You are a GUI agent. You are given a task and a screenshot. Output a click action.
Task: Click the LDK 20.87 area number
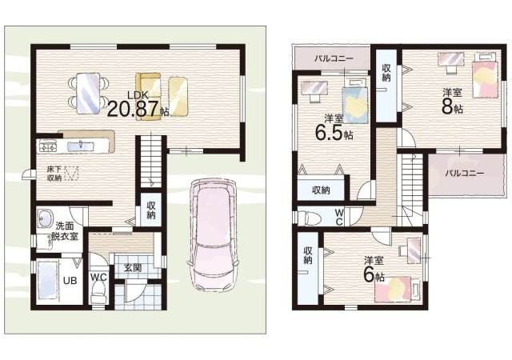click(x=134, y=109)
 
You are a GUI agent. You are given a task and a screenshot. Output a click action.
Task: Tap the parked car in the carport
click(x=213, y=234)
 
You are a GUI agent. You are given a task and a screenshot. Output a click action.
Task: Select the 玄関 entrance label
click(x=133, y=268)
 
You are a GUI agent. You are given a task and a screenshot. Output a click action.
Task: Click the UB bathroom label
click(x=70, y=280)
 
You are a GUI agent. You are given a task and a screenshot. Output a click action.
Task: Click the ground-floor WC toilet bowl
click(x=98, y=293)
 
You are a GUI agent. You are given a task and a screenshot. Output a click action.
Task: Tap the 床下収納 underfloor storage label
click(x=54, y=174)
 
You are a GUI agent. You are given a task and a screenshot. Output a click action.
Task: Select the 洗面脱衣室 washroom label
click(x=65, y=230)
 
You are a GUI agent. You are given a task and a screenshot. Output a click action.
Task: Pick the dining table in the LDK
click(x=88, y=93)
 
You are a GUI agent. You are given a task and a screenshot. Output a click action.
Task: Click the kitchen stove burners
click(x=48, y=146)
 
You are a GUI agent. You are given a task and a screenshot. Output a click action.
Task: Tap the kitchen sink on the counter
click(x=80, y=146)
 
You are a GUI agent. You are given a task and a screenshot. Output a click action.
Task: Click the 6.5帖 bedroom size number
click(x=334, y=133)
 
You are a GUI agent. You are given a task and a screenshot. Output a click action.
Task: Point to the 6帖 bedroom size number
click(x=374, y=276)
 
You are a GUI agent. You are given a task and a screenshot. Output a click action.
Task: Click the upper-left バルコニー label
click(x=334, y=59)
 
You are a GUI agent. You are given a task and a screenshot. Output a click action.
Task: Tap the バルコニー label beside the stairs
click(x=465, y=174)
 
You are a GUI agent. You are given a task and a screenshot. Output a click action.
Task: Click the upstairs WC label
click(x=339, y=217)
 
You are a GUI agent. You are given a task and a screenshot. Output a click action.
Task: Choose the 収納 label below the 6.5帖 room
click(x=321, y=190)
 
